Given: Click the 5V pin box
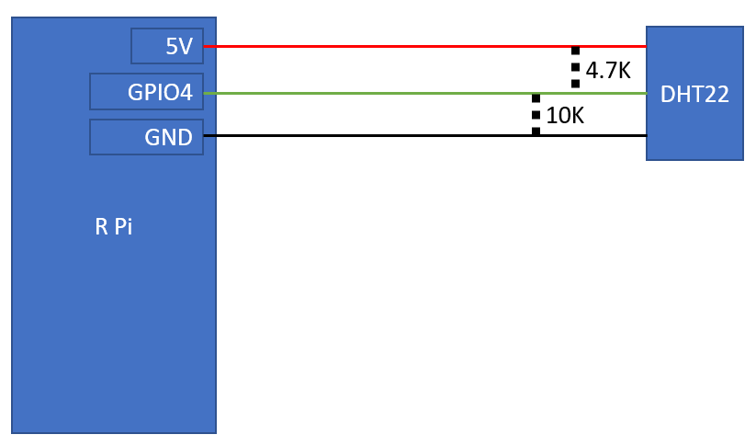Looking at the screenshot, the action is pos(167,46).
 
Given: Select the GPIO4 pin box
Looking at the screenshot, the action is pos(147,92).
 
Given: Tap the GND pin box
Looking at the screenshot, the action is pos(147,137).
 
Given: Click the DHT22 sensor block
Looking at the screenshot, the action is pos(694,93).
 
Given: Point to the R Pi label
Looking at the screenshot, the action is pos(113,226).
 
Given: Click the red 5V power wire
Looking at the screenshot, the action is pos(424,46).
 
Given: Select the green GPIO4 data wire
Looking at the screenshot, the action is pos(424,93).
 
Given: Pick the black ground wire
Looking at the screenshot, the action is pos(424,135).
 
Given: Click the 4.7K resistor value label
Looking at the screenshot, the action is pos(608,71).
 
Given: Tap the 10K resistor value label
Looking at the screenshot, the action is pos(565,116).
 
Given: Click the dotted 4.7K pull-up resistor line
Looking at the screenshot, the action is pos(575,67).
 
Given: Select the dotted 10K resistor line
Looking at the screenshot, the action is pos(536,115).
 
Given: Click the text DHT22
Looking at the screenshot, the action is pos(694,94).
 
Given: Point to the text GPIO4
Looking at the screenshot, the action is pos(160,92).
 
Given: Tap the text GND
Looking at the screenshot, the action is pos(168,138).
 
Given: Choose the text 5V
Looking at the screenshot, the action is pos(179,46).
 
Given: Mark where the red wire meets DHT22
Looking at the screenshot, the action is pos(646,46).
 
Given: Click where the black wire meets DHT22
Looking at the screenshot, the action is pos(646,135).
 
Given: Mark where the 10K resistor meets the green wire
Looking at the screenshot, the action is pos(536,94).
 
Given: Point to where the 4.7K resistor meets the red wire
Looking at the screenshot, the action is pos(575,47).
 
